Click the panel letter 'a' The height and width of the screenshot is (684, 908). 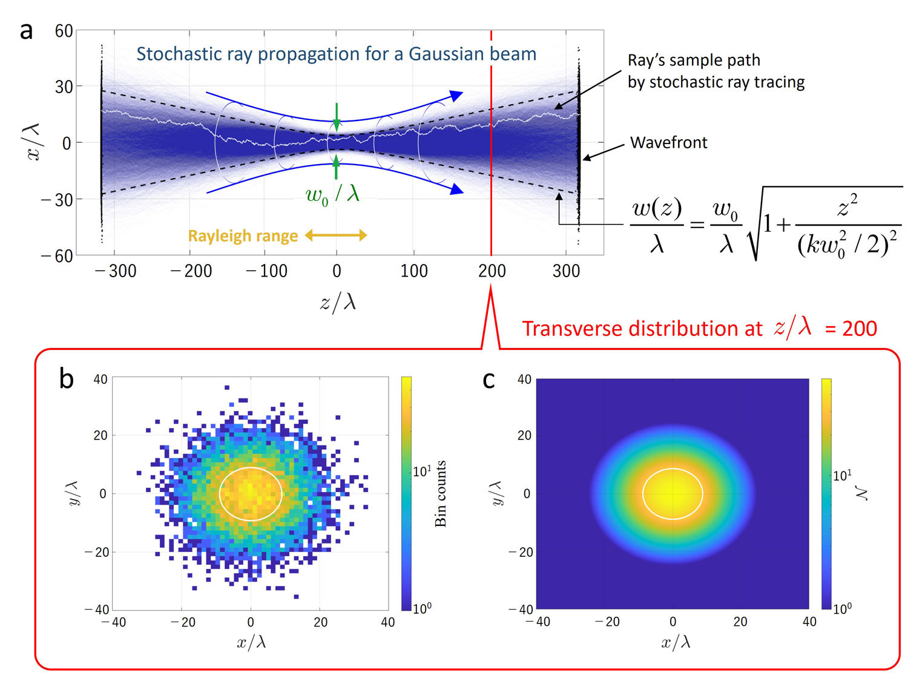tap(26, 30)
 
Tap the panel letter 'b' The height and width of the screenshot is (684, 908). tap(66, 379)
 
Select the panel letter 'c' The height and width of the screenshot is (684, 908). tap(489, 380)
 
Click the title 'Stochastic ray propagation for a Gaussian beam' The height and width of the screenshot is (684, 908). tap(336, 54)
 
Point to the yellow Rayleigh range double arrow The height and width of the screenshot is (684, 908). tap(336, 235)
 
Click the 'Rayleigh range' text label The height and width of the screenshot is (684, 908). tap(243, 236)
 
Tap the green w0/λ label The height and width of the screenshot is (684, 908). tap(332, 195)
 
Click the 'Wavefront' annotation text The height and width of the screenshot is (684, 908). tap(668, 142)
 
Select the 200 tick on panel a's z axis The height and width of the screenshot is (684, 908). tap(492, 271)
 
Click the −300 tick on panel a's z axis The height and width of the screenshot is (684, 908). tap(116, 271)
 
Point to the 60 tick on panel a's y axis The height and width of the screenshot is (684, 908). tap(64, 31)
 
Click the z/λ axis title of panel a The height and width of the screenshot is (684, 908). tap(338, 301)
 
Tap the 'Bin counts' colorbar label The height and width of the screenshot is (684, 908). tap(441, 493)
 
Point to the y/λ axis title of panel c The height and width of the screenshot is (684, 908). tap(496, 493)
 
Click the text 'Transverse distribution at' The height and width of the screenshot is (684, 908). tap(642, 329)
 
